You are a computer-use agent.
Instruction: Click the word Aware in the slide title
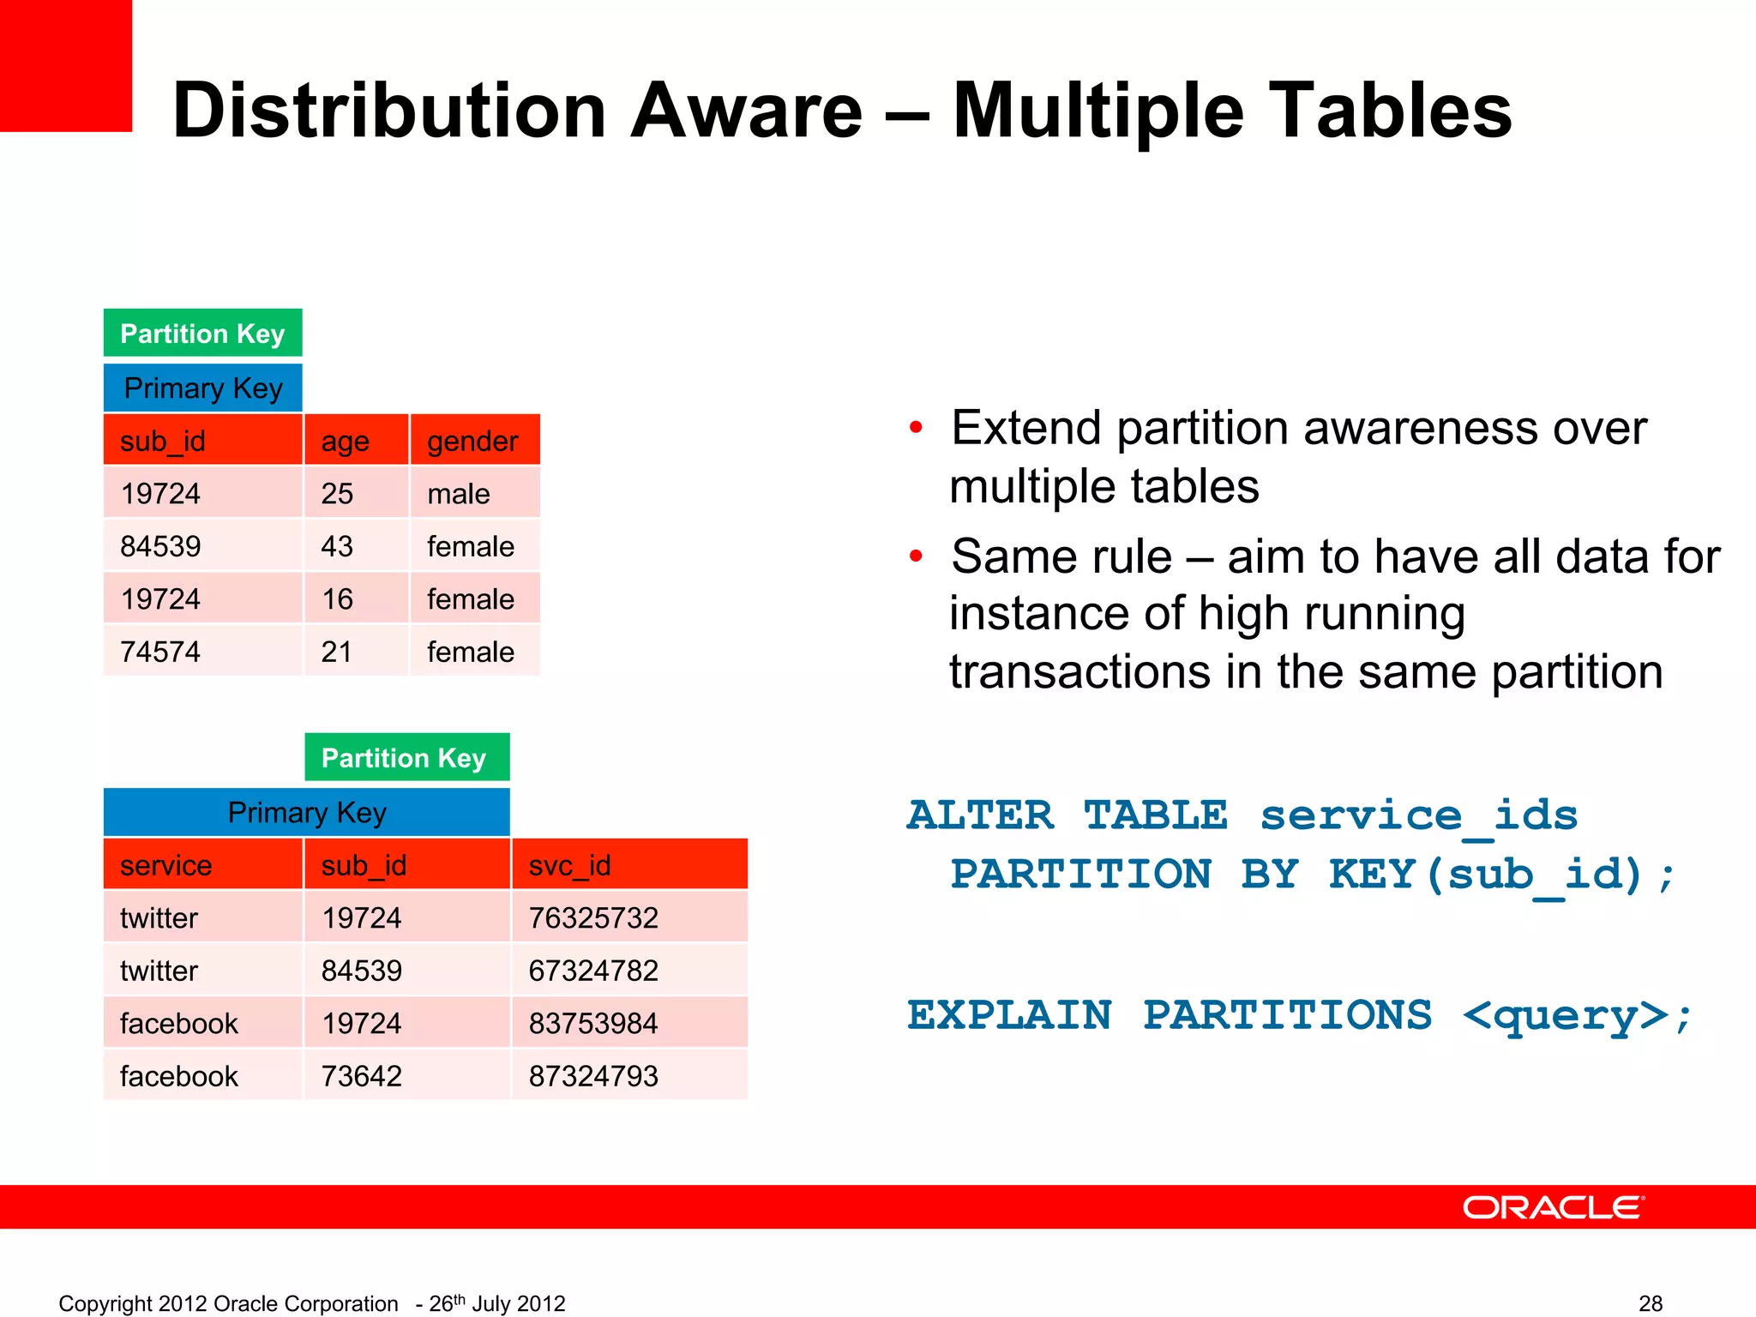point(746,111)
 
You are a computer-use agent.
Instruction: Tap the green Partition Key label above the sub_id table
point(202,334)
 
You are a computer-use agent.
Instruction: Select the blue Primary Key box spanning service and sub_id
point(306,812)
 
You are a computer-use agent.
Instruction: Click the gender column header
point(473,441)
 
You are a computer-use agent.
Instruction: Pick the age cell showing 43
point(337,546)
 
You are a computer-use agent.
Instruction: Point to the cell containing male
point(459,494)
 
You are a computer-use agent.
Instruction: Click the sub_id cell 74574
point(160,652)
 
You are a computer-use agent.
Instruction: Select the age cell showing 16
point(337,599)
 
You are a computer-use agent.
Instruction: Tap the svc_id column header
point(570,865)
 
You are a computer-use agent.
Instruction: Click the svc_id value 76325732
point(593,918)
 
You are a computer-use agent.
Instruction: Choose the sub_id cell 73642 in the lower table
point(361,1076)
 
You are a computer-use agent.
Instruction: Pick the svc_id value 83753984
point(593,1024)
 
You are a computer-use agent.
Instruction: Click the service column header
point(166,865)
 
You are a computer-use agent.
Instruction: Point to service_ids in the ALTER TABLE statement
point(1418,815)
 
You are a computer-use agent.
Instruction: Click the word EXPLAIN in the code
point(1009,1016)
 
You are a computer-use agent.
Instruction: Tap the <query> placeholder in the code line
point(1565,1016)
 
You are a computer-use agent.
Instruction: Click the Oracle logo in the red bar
point(1553,1207)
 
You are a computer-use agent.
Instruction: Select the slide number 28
point(1651,1303)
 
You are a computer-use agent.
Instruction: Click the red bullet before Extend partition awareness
point(916,427)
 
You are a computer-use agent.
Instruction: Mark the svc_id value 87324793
point(593,1076)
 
